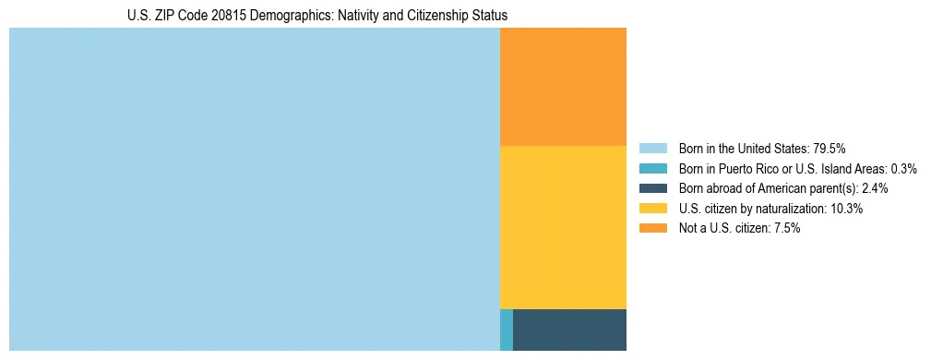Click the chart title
point(317,16)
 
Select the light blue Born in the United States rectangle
point(254,189)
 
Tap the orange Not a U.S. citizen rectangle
point(563,87)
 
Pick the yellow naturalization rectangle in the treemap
point(563,227)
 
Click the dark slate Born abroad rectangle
point(569,330)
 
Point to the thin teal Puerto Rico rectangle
point(506,330)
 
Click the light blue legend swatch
point(652,148)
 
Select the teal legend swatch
point(652,168)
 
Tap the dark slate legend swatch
point(652,188)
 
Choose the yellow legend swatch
point(652,209)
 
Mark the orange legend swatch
point(652,229)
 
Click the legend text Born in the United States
point(744,148)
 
